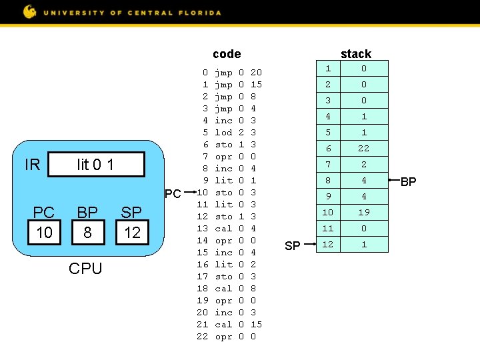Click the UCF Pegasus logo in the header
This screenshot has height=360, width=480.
[30, 11]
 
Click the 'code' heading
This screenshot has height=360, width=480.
[227, 54]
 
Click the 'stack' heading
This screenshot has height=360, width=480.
[355, 54]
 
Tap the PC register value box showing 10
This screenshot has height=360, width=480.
[44, 232]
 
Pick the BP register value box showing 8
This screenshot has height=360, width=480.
[87, 232]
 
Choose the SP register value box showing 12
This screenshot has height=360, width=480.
[132, 232]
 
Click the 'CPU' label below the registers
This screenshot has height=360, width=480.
[85, 269]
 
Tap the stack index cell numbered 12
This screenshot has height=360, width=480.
[327, 245]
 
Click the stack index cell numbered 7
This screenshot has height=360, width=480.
[327, 165]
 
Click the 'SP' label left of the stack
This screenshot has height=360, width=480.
[292, 246]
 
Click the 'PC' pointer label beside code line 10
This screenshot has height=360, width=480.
[173, 194]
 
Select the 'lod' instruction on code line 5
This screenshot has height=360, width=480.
[223, 133]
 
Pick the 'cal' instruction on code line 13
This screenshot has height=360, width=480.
[223, 229]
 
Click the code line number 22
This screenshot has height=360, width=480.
[202, 337]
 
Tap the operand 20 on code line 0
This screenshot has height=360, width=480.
[256, 73]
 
